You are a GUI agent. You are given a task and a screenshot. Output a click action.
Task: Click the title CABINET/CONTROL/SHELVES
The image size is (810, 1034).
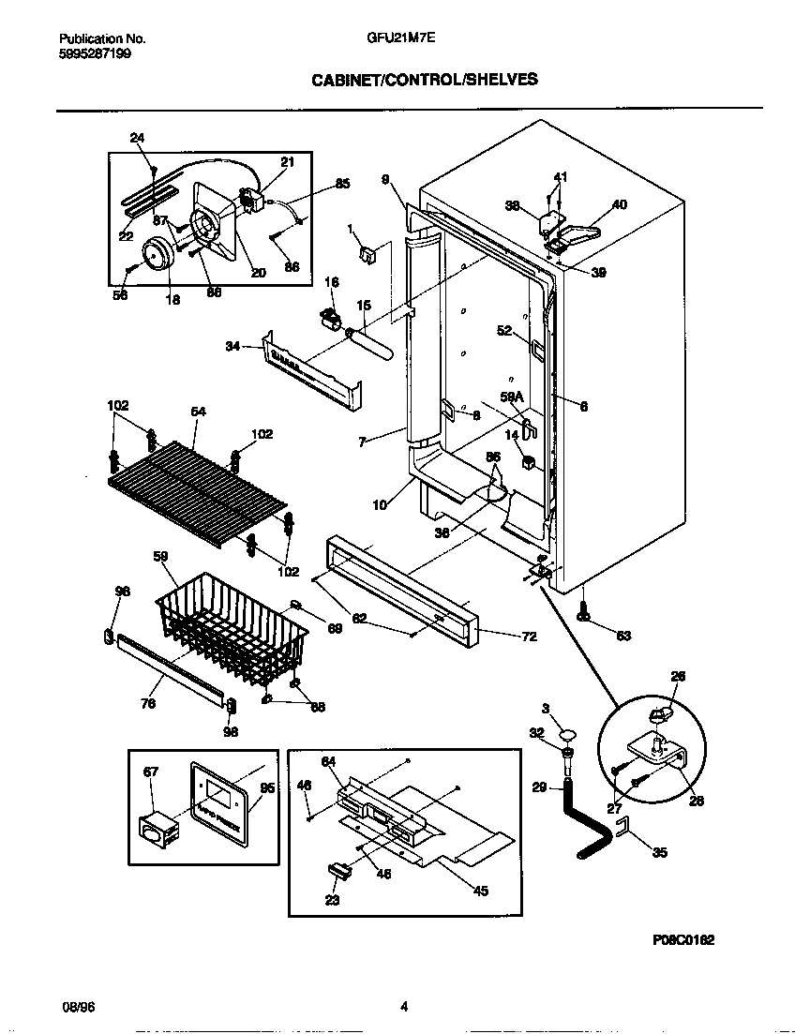click(x=424, y=80)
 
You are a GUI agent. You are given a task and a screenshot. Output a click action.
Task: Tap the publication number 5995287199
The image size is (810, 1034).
click(x=95, y=54)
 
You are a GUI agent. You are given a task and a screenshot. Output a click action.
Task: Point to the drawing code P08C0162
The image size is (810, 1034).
click(x=683, y=938)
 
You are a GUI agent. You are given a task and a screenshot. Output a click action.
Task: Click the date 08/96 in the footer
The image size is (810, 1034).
click(x=76, y=1007)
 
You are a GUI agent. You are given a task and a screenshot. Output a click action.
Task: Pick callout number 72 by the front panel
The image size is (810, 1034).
click(x=529, y=637)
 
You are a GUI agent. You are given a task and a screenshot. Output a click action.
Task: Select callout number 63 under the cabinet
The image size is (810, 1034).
click(x=623, y=636)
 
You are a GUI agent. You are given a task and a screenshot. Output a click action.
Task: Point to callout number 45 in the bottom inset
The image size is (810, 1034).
click(x=481, y=891)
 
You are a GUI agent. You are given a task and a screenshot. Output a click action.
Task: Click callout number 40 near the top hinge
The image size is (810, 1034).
click(x=619, y=204)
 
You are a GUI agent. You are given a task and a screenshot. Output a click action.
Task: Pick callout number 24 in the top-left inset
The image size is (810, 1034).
click(x=138, y=138)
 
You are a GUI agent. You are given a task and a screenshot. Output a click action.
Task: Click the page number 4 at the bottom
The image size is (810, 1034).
click(x=404, y=1007)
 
